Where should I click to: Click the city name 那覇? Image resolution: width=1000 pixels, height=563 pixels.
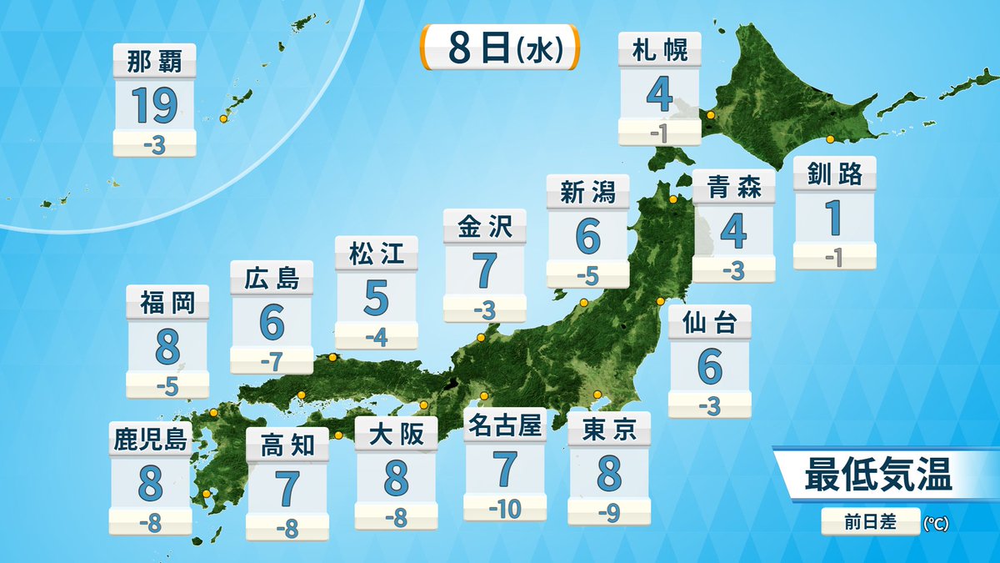pos(154,60)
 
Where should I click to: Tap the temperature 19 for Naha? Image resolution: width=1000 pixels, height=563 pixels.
pos(154,104)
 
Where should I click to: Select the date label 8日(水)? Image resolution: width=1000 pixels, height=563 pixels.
pos(500,48)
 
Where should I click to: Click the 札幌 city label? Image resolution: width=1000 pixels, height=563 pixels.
pos(659,51)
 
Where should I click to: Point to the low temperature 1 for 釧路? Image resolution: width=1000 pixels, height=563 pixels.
pos(834,217)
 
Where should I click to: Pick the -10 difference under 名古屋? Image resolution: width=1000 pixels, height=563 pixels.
pos(505,506)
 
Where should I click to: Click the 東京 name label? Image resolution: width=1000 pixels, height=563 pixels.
pos(609,430)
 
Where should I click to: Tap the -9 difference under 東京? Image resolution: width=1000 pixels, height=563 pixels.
pos(609,513)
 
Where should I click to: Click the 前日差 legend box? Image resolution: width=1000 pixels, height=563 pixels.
pos(870,522)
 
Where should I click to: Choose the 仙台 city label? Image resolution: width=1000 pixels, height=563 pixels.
pos(709,323)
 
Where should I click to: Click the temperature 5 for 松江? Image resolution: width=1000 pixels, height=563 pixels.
pos(376,299)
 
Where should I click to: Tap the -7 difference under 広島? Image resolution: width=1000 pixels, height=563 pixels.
pos(271,362)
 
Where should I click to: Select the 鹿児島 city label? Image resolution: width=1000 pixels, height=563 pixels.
pos(151,439)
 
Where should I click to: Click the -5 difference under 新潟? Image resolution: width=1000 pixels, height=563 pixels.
pos(587,274)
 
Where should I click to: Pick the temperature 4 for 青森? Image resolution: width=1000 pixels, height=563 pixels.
pos(733,231)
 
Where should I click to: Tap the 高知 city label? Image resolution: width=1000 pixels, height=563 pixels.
pos(287,445)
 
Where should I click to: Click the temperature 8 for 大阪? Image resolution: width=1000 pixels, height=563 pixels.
pos(396,478)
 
